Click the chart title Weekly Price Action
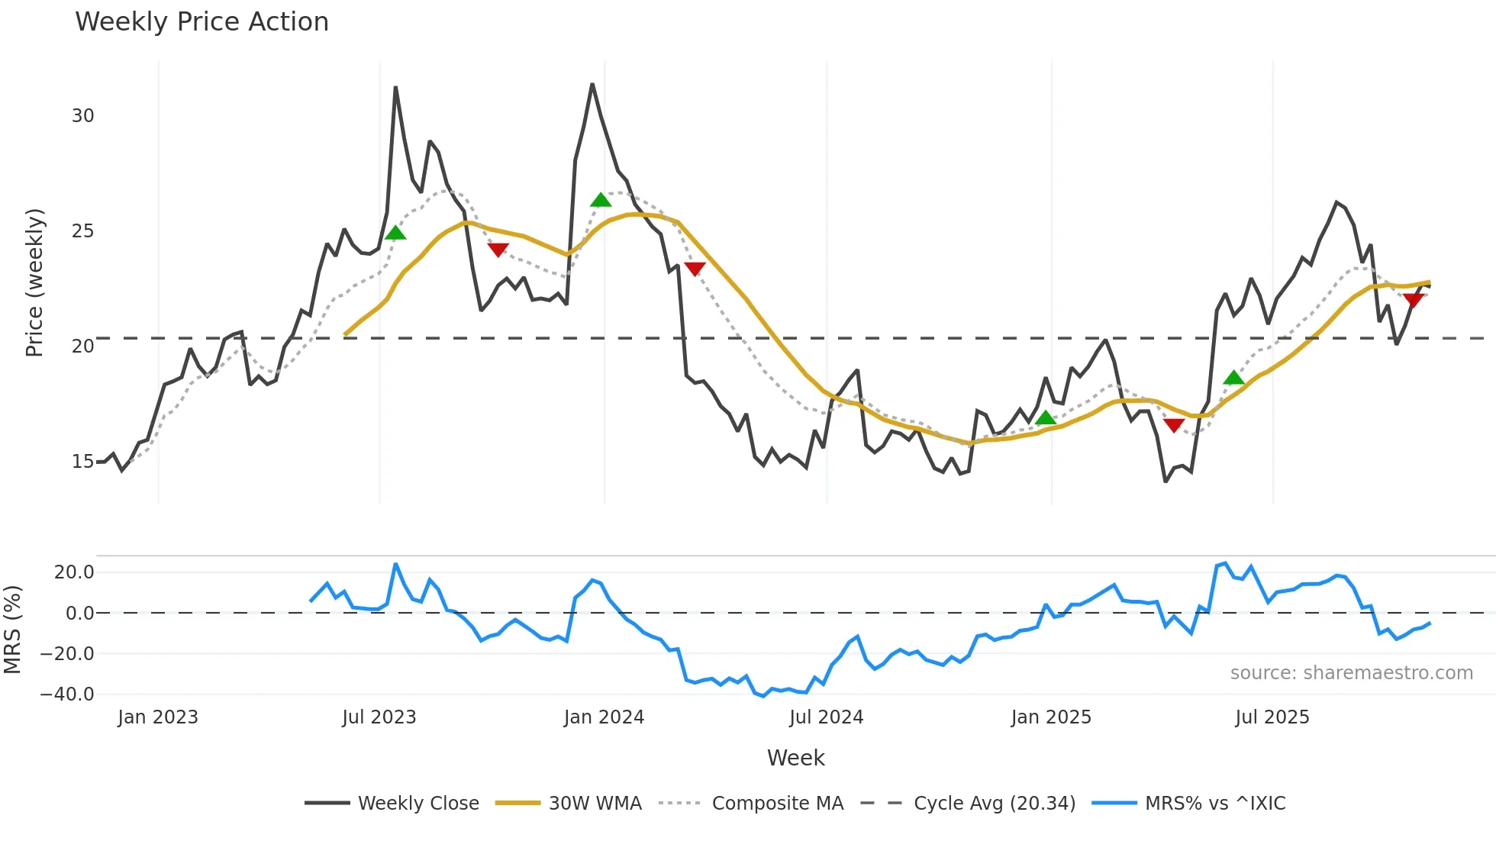202,21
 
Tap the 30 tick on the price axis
82,116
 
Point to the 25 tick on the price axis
82,231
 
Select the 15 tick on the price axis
82,462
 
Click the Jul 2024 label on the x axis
826,717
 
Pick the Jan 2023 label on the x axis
158,717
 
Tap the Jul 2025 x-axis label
1272,717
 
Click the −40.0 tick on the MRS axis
67,694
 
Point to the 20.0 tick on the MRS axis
73,572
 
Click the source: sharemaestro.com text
1351,673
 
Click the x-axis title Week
795,758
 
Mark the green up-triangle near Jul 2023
395,233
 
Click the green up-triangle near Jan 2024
601,200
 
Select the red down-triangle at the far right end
1413,300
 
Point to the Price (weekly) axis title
34,282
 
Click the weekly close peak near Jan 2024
592,85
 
